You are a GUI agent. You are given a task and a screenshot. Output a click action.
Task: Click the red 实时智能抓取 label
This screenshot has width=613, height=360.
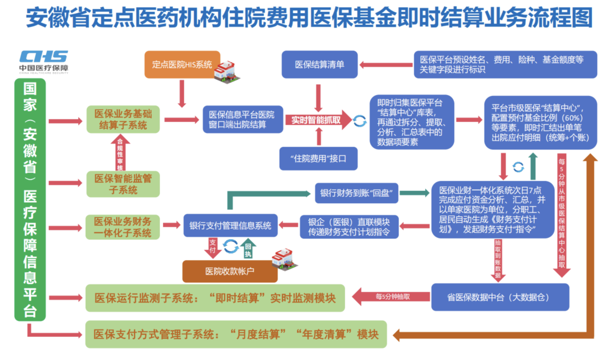[x=316, y=120]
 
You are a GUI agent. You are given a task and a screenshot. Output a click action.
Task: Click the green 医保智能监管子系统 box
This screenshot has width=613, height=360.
[x=123, y=183]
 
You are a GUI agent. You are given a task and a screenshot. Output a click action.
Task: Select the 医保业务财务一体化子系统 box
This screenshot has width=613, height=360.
[x=123, y=226]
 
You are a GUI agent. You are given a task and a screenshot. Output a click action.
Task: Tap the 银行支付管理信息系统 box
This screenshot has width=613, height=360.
[x=230, y=225]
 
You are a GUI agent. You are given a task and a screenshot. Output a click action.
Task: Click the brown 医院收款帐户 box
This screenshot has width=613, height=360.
[x=230, y=271]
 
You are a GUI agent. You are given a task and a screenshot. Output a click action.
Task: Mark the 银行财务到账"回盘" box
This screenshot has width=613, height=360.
[x=356, y=193]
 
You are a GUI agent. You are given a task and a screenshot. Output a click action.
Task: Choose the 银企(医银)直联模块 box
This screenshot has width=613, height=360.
[x=349, y=226]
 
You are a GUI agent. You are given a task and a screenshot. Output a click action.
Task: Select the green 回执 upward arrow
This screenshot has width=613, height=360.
[x=248, y=247]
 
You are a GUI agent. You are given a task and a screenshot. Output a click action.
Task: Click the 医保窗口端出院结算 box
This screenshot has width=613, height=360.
[x=242, y=119]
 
